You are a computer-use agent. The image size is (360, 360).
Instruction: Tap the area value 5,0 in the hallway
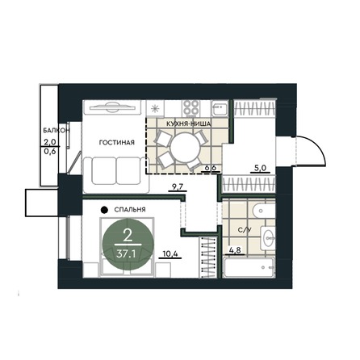(258, 170)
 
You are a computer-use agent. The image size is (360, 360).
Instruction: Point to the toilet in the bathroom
(269, 237)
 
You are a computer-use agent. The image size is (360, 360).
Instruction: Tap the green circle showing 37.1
(126, 244)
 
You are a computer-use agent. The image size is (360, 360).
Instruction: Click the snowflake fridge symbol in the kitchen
(155, 107)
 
